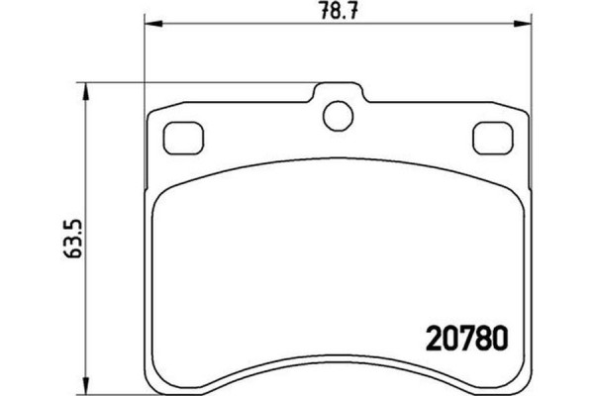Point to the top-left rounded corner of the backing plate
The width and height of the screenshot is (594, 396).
coord(152,112)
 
